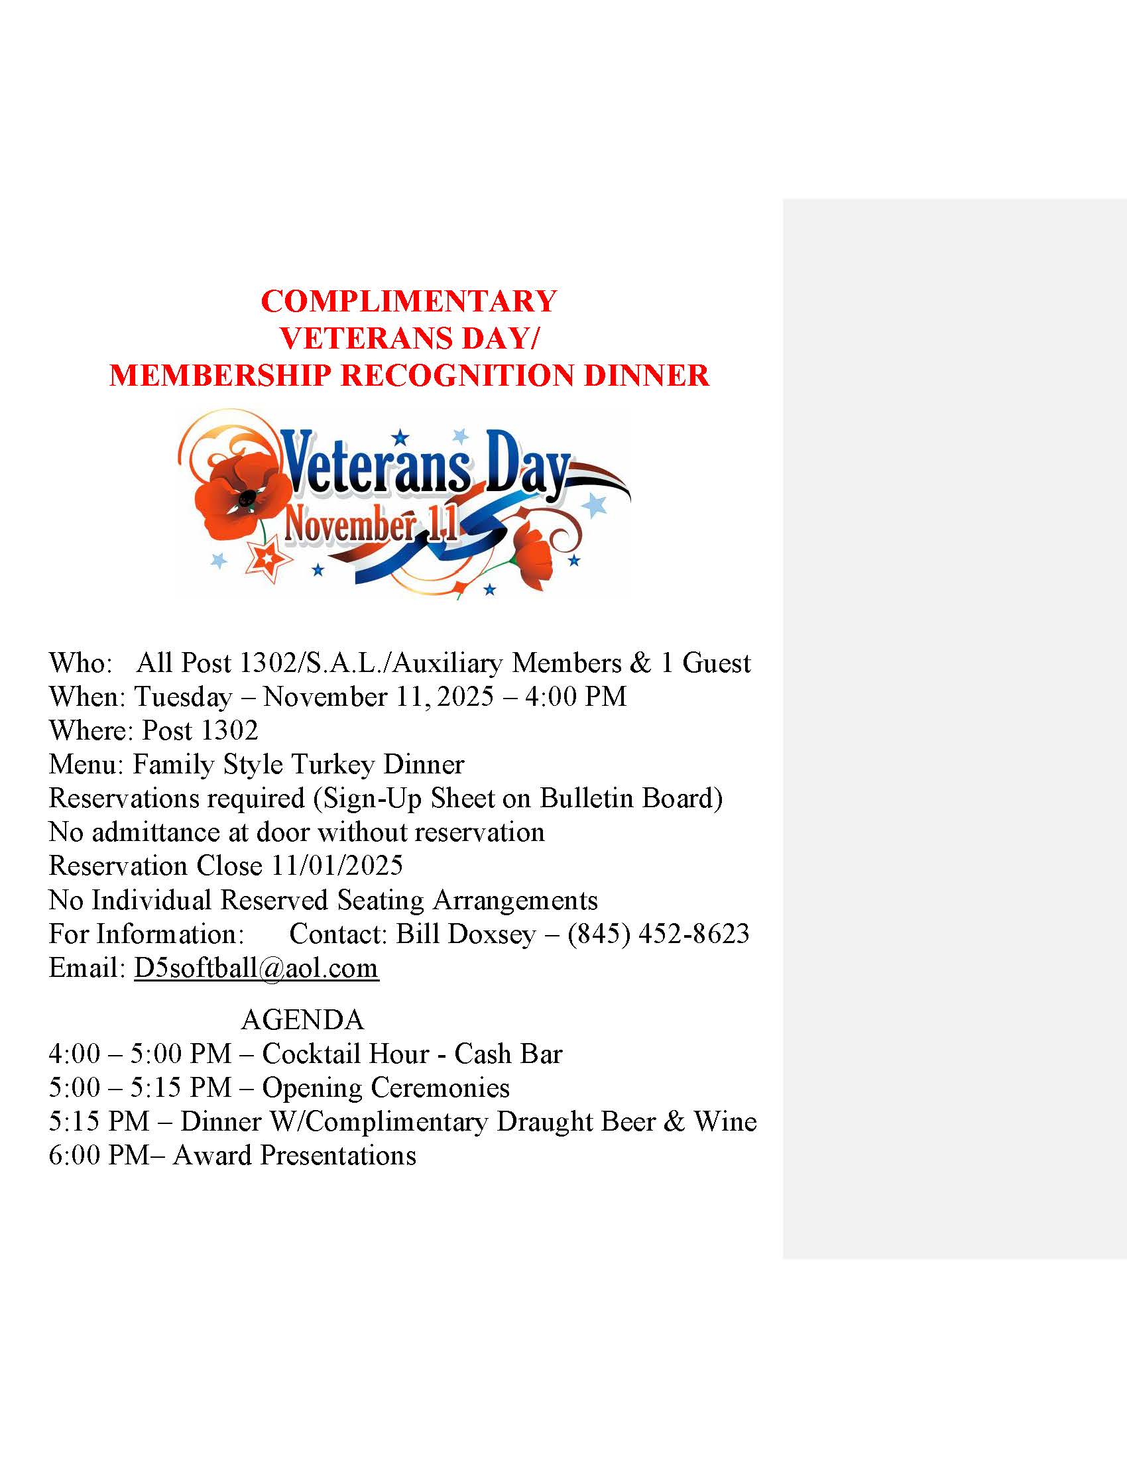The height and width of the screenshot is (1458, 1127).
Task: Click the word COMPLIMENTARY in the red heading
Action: tap(408, 302)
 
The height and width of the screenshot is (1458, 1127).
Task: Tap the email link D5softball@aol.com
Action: tap(257, 968)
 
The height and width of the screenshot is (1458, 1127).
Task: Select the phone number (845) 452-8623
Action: tap(658, 934)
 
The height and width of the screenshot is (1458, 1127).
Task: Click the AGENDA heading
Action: tap(302, 1020)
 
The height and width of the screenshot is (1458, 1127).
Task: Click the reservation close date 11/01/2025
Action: tap(337, 866)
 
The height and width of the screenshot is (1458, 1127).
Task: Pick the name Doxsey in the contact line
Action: tap(491, 934)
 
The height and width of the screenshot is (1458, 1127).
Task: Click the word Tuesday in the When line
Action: tap(184, 697)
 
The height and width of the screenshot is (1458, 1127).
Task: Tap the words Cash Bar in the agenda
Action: tap(508, 1054)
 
